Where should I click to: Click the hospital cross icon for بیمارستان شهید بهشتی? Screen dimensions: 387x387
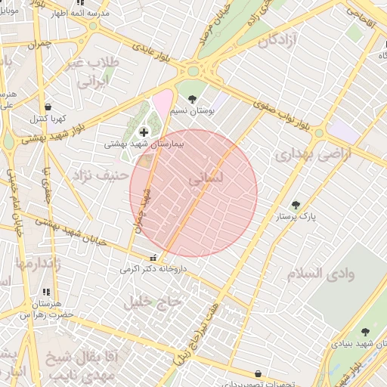tap(144, 132)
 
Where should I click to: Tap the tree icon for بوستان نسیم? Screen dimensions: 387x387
tap(192, 99)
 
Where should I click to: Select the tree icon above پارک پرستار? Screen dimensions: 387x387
tap(296, 205)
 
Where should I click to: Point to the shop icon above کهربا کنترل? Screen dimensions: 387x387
tap(48, 107)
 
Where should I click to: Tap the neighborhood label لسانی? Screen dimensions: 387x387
tap(205, 180)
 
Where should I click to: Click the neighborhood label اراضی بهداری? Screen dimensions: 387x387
tap(302, 156)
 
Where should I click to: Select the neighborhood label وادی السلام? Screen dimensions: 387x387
tap(320, 273)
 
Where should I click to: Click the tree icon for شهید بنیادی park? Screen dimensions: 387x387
tap(366, 333)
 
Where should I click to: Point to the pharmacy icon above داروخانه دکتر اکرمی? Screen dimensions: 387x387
tap(154, 257)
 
